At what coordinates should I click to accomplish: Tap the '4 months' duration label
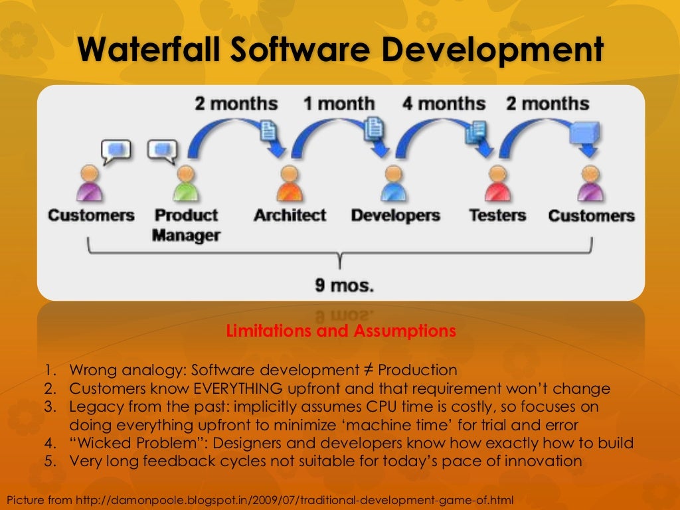444,104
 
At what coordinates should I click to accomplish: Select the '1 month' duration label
339,104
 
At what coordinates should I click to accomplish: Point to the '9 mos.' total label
344,287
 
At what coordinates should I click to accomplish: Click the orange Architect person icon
289,184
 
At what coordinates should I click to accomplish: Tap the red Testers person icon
495,184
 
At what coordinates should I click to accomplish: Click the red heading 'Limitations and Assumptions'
341,331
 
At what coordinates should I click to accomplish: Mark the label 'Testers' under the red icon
497,216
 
